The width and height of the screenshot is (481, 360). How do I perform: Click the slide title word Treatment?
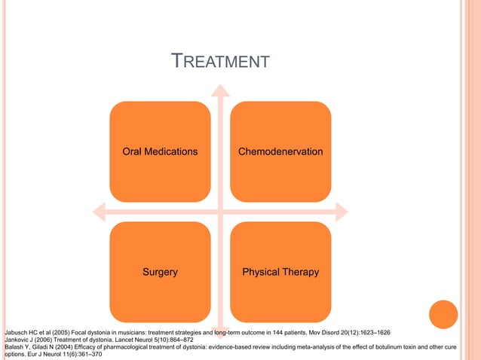coord(220,61)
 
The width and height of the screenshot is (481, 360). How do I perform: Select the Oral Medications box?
coord(160,151)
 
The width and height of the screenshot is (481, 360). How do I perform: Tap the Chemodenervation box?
coord(280,151)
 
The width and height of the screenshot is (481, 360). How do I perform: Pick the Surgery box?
coord(160,272)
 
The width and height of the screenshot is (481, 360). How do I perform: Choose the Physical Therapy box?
coord(280,272)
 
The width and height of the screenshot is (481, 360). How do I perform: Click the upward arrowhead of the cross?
coord(220,90)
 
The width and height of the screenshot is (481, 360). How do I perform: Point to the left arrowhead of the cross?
coord(96,211)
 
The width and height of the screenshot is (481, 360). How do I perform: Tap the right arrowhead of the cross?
coord(344,211)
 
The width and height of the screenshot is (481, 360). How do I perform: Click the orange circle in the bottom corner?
coord(443,315)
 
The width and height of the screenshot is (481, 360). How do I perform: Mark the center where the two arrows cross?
coord(220,211)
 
